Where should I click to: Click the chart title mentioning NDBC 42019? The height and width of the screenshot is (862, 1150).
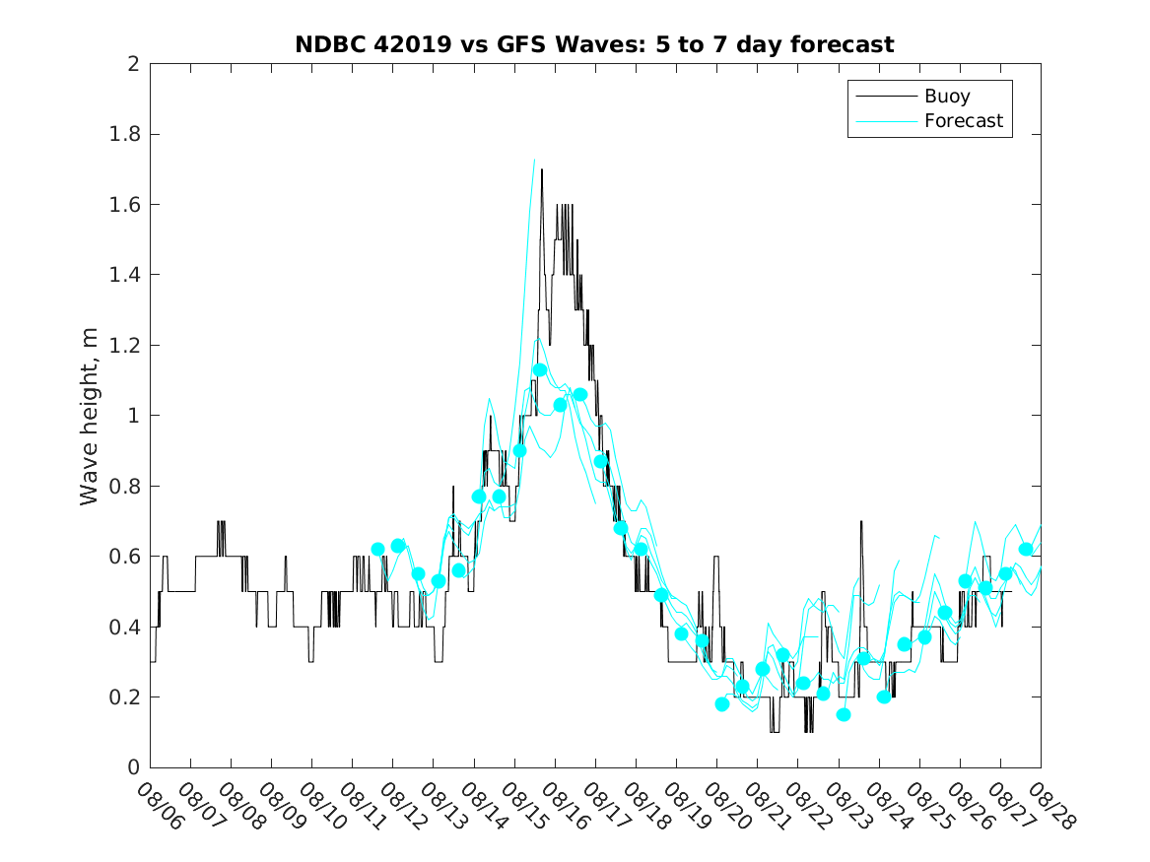click(x=594, y=44)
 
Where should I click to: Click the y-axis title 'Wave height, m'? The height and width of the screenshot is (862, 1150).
click(x=90, y=416)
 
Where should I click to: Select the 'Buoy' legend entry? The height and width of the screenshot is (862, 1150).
click(x=946, y=97)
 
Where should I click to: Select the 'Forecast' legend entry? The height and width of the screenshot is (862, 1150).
click(x=963, y=121)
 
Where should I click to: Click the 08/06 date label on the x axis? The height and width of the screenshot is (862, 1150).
click(x=160, y=807)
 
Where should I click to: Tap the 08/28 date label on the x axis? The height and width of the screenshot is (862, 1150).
click(x=1050, y=807)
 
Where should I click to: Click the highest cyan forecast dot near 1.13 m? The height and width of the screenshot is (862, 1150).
click(x=540, y=370)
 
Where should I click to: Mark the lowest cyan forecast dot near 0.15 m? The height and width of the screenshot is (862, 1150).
click(x=844, y=714)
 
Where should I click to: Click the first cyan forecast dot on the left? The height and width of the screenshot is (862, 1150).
click(x=378, y=550)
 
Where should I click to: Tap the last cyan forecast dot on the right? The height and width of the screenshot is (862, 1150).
click(x=1026, y=550)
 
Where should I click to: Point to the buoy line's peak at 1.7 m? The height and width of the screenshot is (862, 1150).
click(x=542, y=170)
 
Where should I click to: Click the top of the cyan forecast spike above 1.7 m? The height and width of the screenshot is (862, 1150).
click(x=534, y=160)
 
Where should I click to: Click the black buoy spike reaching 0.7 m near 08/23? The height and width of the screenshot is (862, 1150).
click(x=861, y=522)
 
